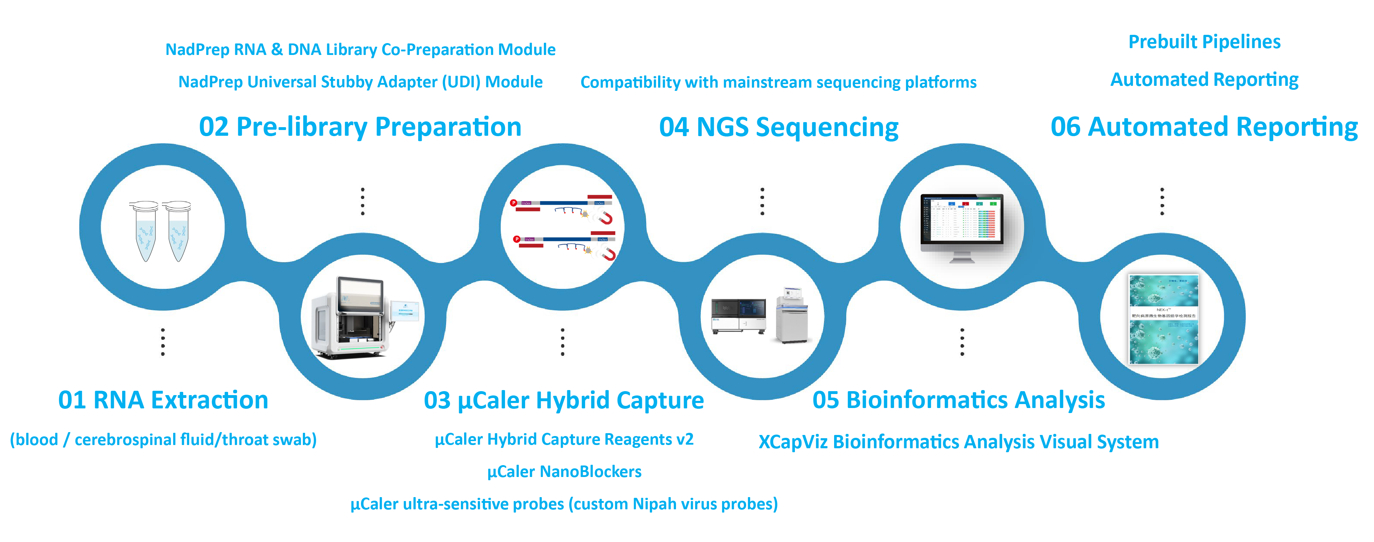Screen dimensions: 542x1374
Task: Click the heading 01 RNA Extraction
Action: point(163,400)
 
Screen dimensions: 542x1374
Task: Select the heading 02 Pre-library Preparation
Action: point(360,127)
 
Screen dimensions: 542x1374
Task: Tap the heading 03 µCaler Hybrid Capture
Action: point(563,400)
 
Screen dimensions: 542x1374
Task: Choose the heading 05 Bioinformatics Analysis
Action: point(958,400)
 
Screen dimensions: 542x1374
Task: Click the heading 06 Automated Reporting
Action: point(1204,127)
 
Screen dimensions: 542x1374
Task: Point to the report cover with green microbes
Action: point(1163,319)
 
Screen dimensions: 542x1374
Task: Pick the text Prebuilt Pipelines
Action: point(1204,42)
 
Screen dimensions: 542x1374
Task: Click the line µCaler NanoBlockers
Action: point(564,472)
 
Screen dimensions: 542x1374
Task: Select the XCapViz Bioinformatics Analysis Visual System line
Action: point(958,442)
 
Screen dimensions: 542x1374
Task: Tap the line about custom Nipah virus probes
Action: point(564,504)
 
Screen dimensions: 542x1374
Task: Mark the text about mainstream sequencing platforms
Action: point(778,82)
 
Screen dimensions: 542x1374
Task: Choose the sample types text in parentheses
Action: point(163,440)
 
